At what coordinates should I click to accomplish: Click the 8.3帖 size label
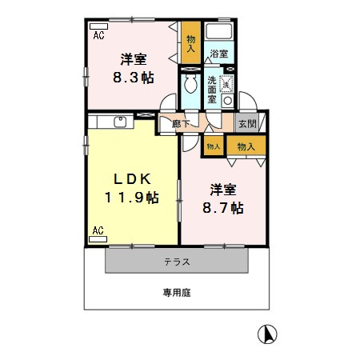tap(131, 78)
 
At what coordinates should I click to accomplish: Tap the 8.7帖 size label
tap(222, 208)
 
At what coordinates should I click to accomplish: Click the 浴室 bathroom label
tap(218, 54)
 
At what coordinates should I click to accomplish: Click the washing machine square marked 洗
tap(226, 83)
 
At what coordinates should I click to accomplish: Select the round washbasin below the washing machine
tap(227, 102)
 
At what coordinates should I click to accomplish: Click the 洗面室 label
tap(210, 90)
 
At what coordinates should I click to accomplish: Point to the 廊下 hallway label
tap(181, 123)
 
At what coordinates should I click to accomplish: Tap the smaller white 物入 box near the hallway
tap(213, 146)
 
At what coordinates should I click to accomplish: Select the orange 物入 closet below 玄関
tap(246, 146)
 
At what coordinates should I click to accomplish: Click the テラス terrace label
tap(177, 262)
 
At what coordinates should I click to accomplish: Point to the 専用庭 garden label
tap(178, 293)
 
